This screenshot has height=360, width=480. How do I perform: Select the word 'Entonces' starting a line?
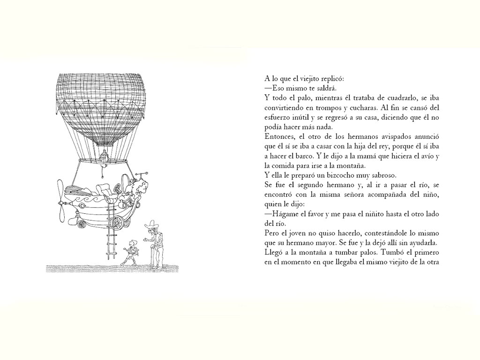[279, 136]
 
